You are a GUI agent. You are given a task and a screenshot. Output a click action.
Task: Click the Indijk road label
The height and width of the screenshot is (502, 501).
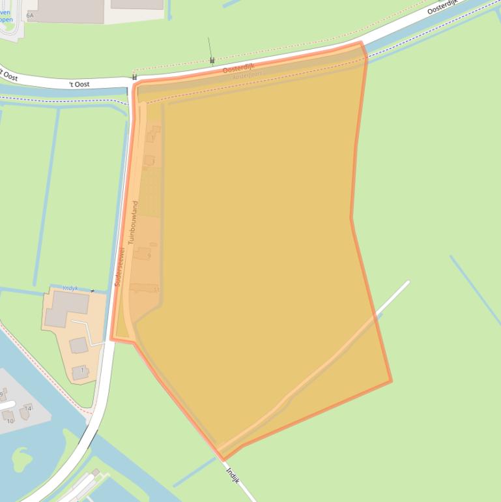(x=233, y=473)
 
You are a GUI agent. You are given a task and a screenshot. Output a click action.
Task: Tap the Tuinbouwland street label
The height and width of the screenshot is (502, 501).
(x=134, y=222)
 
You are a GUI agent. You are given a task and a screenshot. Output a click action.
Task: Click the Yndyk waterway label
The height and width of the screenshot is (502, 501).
(x=70, y=288)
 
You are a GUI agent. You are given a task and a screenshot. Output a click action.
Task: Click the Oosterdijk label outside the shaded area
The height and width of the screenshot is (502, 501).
(x=444, y=8)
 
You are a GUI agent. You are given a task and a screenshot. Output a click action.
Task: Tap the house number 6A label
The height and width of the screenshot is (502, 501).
(x=30, y=14)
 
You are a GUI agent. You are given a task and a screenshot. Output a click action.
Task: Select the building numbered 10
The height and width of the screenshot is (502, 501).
(x=9, y=416)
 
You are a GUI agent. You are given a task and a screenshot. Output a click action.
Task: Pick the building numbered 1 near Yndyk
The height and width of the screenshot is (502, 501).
(x=79, y=372)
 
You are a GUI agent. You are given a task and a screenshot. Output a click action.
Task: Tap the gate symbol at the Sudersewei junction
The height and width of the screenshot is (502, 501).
(x=135, y=77)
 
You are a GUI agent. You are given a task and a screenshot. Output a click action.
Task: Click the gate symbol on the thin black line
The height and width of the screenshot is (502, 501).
(x=212, y=61)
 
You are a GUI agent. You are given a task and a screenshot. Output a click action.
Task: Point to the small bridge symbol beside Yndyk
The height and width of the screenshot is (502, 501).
(x=93, y=291)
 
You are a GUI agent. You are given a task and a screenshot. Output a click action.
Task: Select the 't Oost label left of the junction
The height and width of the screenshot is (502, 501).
(x=80, y=84)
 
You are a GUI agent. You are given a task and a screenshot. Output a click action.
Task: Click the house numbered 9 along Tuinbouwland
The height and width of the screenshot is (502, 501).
(x=143, y=254)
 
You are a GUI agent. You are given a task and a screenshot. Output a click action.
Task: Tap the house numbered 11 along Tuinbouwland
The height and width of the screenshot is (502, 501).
(x=144, y=288)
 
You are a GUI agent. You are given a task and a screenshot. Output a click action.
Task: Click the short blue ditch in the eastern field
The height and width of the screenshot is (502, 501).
(x=474, y=289)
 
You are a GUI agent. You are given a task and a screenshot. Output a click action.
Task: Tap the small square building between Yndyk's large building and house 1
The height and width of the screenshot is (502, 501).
(x=79, y=345)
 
